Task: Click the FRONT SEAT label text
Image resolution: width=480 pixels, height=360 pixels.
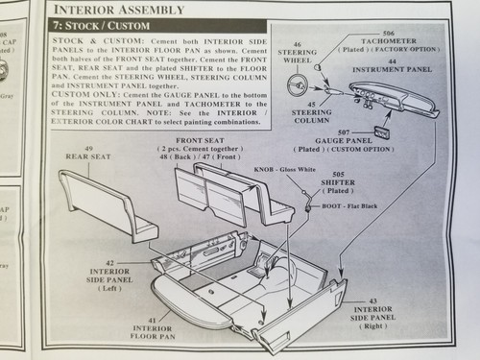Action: pos(199,140)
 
